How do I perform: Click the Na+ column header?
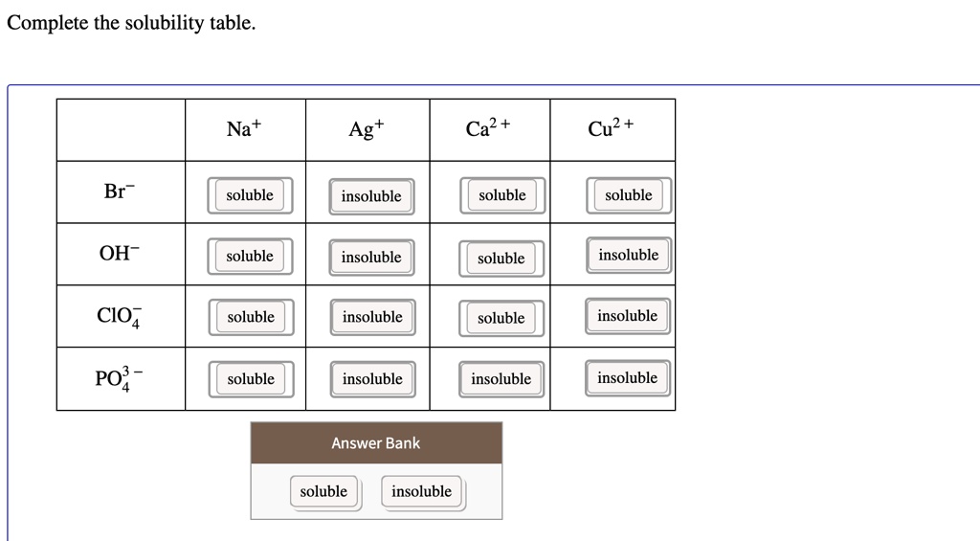pyautogui.click(x=244, y=128)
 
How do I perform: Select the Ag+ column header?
pyautogui.click(x=367, y=129)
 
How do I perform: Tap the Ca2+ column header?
pyautogui.click(x=487, y=127)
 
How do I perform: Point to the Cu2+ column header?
pyautogui.click(x=610, y=127)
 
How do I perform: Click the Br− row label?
pyautogui.click(x=119, y=191)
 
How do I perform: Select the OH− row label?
pyautogui.click(x=119, y=253)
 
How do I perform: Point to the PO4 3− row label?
pyautogui.click(x=119, y=378)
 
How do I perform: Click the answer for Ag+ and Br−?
pyautogui.click(x=371, y=196)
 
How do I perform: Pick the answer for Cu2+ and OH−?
pyautogui.click(x=628, y=255)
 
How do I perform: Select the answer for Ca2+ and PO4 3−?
pyautogui.click(x=501, y=379)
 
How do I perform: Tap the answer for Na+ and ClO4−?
pyautogui.click(x=251, y=317)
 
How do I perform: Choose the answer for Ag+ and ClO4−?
pyautogui.click(x=372, y=317)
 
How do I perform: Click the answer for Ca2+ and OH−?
pyautogui.click(x=501, y=259)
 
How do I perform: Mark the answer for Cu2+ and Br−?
pyautogui.click(x=629, y=195)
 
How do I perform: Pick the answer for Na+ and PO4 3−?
pyautogui.click(x=251, y=379)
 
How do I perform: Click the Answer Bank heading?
pyautogui.click(x=375, y=442)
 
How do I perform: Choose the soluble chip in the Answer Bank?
pyautogui.click(x=323, y=491)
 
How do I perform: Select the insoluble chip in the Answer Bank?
pyautogui.click(x=422, y=491)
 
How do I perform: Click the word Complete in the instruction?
pyautogui.click(x=48, y=23)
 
